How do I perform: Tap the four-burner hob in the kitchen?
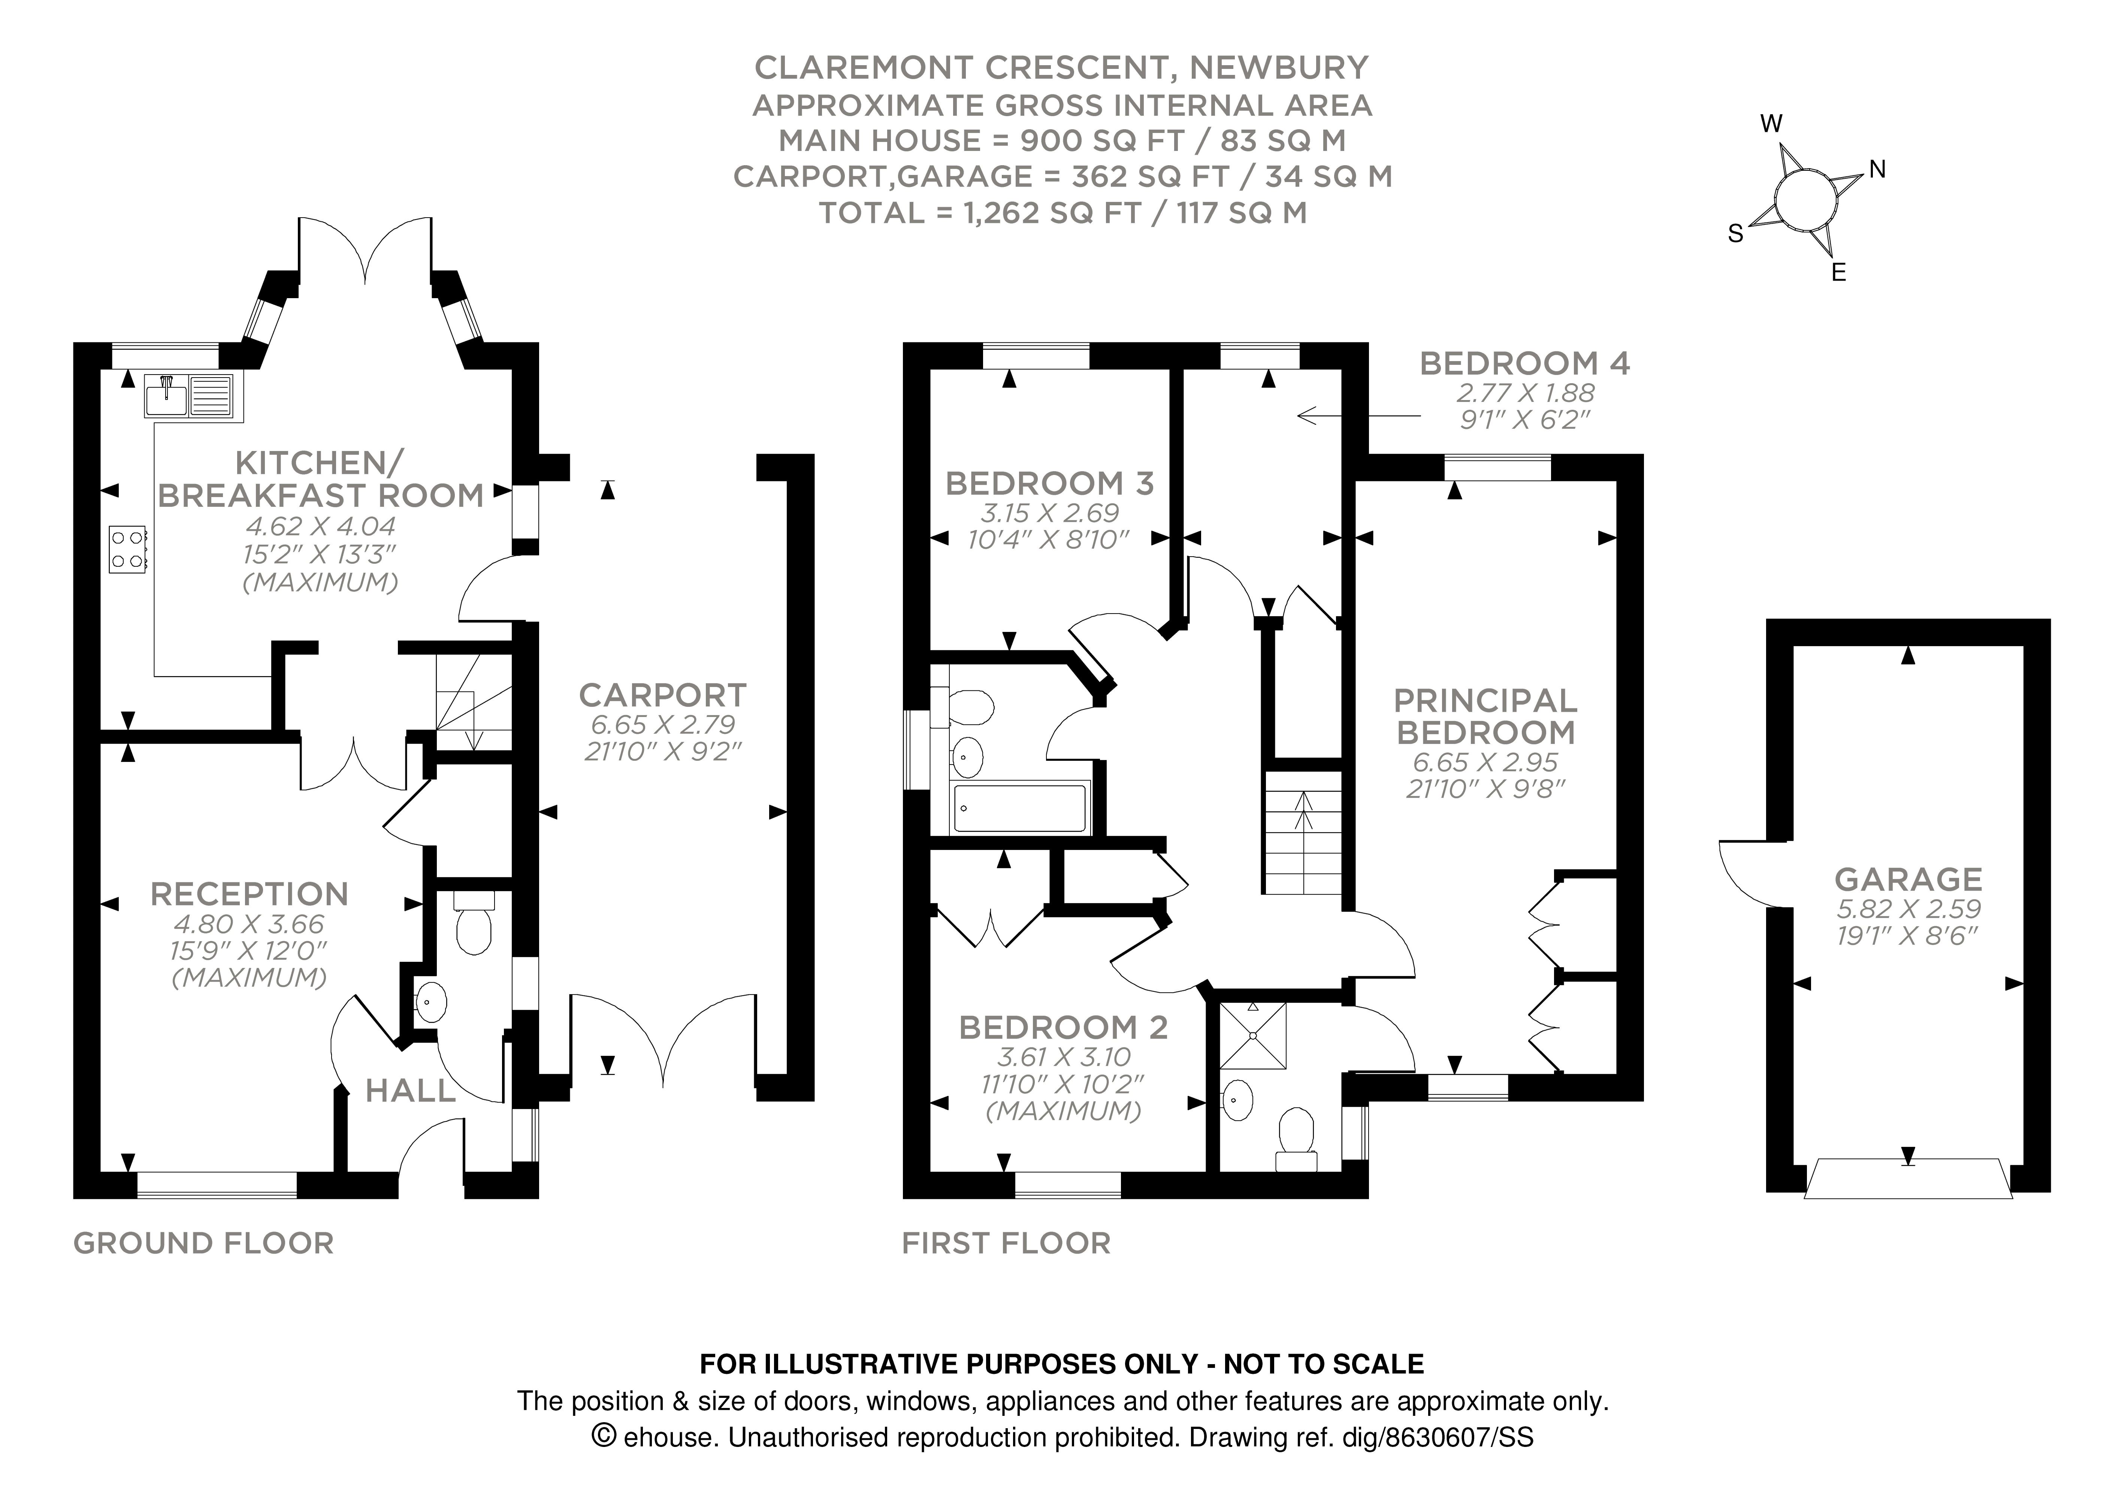click(128, 550)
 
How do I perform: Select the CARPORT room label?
click(663, 695)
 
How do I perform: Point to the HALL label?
click(411, 1091)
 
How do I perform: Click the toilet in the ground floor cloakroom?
click(474, 926)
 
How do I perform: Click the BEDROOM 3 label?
click(1049, 483)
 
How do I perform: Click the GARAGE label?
click(1908, 878)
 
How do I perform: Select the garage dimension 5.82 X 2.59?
click(1908, 909)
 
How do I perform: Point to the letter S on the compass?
click(1735, 234)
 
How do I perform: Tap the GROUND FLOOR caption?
click(203, 1243)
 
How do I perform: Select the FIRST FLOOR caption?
click(1006, 1243)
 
